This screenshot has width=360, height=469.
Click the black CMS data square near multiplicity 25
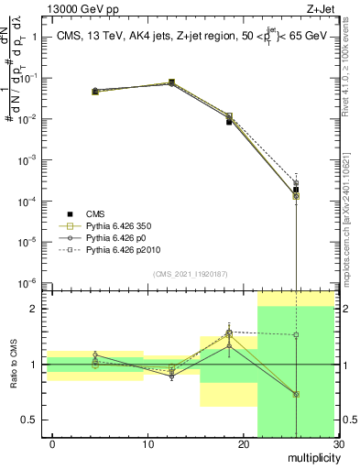(x=296, y=190)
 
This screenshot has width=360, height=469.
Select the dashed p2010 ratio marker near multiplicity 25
(x=296, y=335)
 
